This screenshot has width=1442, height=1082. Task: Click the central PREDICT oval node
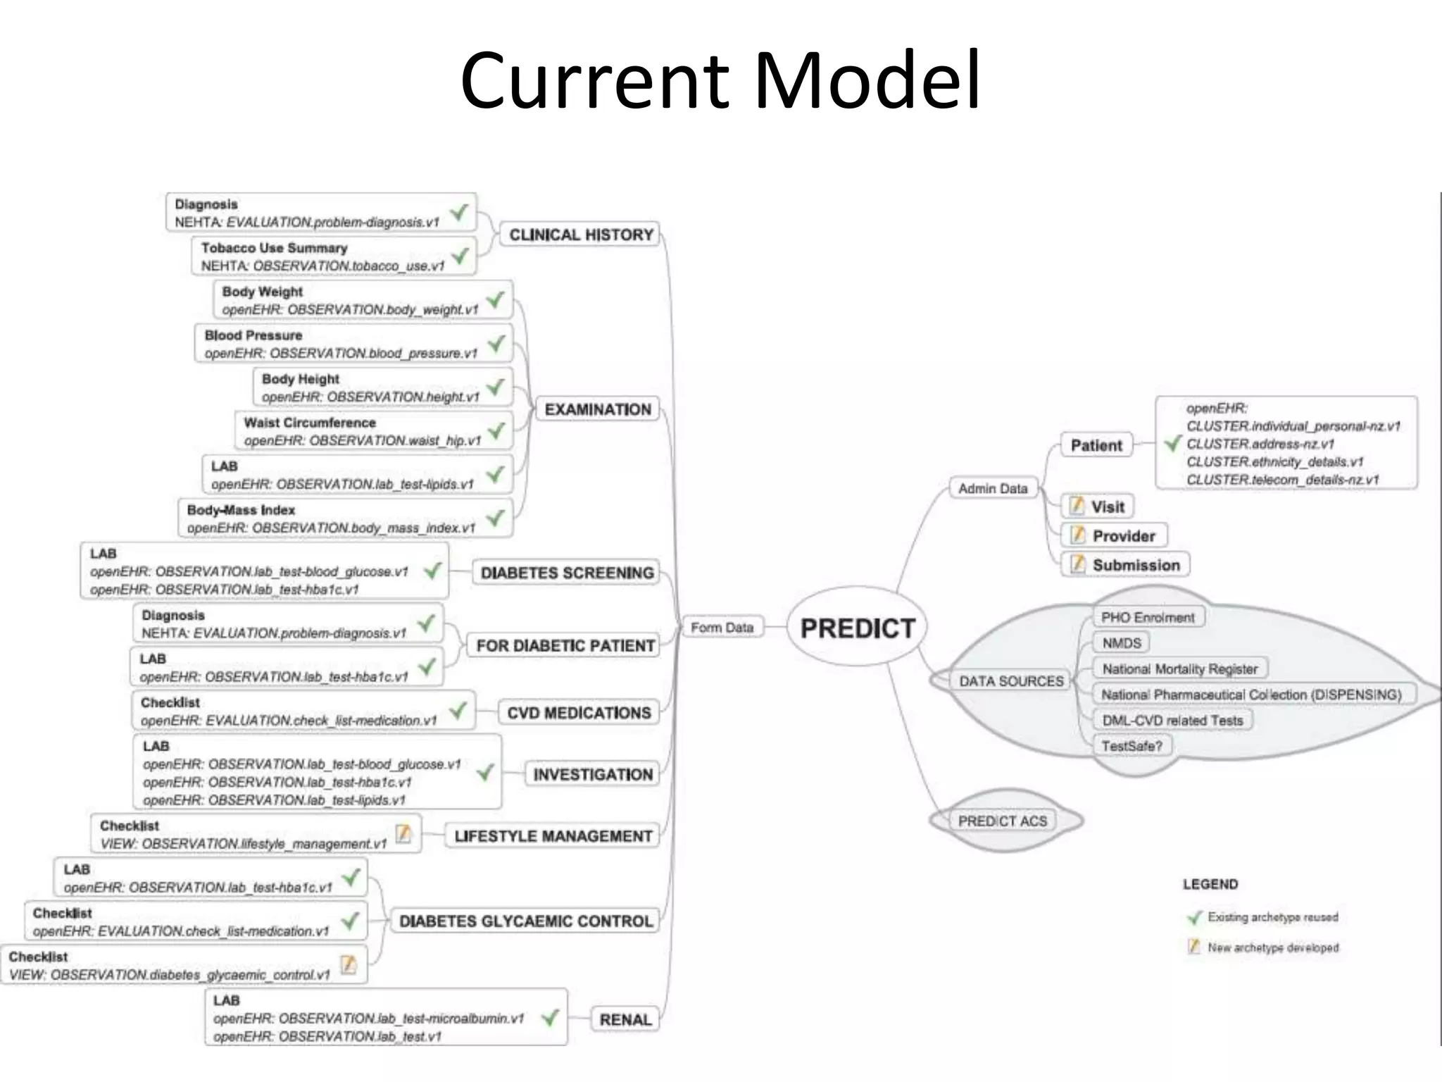pos(857,628)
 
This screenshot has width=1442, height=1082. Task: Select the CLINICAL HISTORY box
pos(581,235)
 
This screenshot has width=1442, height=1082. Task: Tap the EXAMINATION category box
pos(598,409)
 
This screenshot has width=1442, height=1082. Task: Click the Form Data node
pos(722,627)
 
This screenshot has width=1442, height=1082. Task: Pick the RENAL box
pos(625,1019)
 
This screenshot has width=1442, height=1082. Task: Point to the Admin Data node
pos(993,488)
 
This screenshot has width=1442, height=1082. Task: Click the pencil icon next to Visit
pos(1077,506)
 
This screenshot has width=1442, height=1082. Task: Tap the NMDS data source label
pos(1122,643)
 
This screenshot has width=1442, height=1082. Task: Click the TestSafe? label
pos(1131,746)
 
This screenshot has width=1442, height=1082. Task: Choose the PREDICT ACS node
pos(1002,821)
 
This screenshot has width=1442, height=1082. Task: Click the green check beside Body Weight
pos(496,300)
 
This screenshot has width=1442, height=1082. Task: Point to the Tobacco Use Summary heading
pos(274,248)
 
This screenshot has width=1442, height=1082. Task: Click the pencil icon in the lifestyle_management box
pos(403,833)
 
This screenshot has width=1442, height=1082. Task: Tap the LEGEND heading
pos(1210,884)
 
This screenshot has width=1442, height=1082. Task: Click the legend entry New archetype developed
pos(1272,947)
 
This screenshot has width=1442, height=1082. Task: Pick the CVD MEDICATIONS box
pos(579,713)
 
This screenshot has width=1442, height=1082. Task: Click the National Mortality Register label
pos(1179,669)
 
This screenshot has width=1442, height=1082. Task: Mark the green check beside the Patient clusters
pos(1172,444)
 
